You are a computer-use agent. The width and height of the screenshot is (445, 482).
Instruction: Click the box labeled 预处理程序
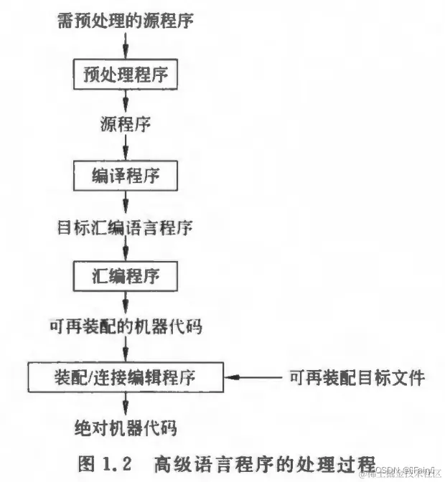coord(126,73)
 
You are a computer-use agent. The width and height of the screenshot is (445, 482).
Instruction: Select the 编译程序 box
coord(126,174)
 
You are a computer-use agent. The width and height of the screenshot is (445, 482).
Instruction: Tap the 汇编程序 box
coord(126,275)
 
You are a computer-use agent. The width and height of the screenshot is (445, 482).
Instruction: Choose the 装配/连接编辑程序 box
coord(126,376)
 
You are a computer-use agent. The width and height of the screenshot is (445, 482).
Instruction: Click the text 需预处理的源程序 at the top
coord(126,21)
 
